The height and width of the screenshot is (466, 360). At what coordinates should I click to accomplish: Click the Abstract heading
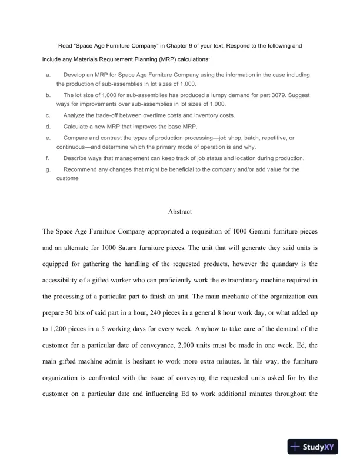pyautogui.click(x=180, y=212)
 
